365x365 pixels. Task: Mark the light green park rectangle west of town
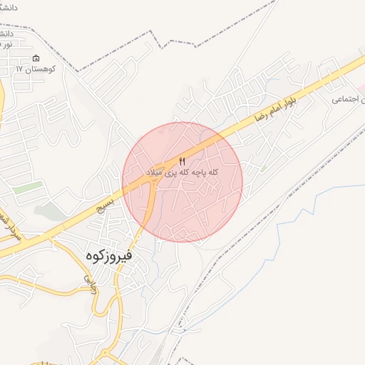click(29, 187)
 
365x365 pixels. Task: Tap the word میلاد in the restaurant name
click(153, 173)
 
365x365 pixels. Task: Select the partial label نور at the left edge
click(6, 44)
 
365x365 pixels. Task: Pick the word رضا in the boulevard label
click(268, 111)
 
